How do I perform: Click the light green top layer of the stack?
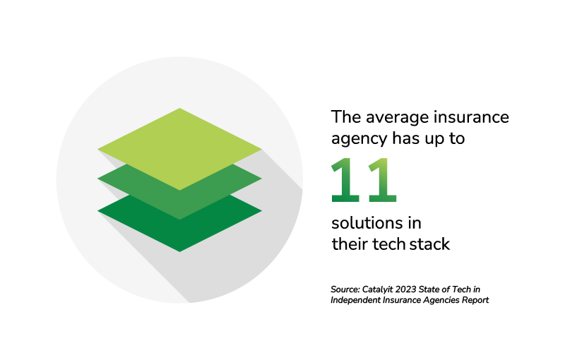pos(179,148)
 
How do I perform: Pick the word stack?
pos(428,245)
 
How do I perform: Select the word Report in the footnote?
pos(474,300)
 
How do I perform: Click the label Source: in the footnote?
pos(345,289)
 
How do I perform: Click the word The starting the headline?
pos(345,116)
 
